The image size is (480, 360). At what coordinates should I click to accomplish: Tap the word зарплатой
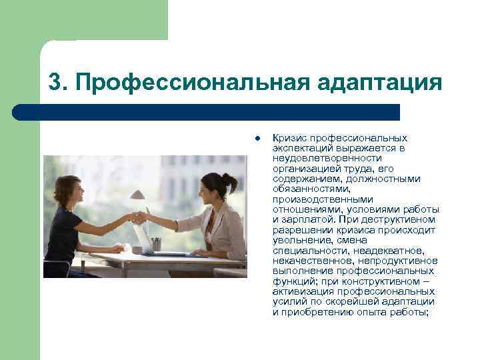coord(310,219)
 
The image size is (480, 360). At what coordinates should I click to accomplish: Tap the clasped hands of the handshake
coord(139,217)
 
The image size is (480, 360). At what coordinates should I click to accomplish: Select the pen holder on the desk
coord(156,245)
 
